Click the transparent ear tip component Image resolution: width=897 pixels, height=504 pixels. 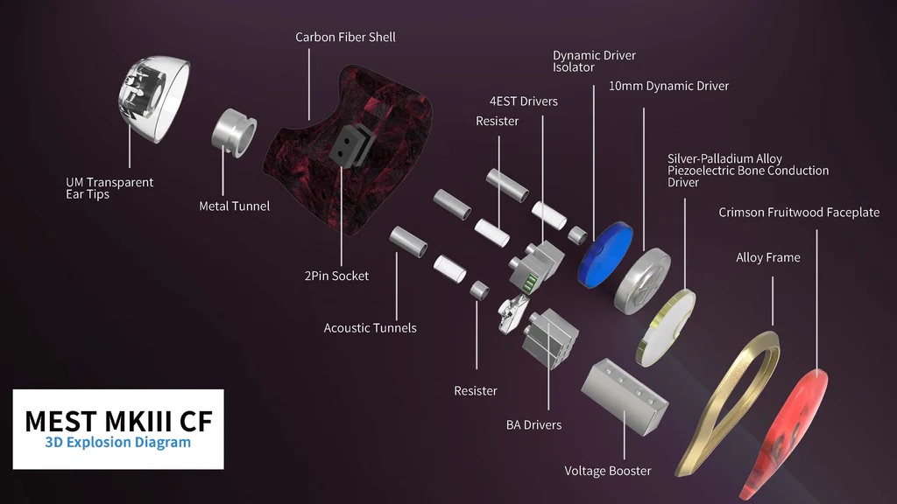(x=155, y=98)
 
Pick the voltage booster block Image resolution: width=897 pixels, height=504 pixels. (x=624, y=395)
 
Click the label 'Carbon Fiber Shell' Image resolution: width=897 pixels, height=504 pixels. (x=345, y=38)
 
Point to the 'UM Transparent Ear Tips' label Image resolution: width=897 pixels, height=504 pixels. (x=109, y=188)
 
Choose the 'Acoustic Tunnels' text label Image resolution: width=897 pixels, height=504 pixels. (x=370, y=328)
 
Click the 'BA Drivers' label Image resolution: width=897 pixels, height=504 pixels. (x=533, y=425)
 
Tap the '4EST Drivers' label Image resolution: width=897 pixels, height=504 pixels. (x=524, y=101)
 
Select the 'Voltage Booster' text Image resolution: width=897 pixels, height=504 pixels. (x=607, y=471)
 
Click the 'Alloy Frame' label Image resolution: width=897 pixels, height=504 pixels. (x=767, y=258)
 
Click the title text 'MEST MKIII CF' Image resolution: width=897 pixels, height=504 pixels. (x=117, y=421)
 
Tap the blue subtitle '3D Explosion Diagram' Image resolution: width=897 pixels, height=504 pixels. (x=117, y=443)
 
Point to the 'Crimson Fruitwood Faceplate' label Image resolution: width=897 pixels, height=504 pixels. (x=798, y=213)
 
